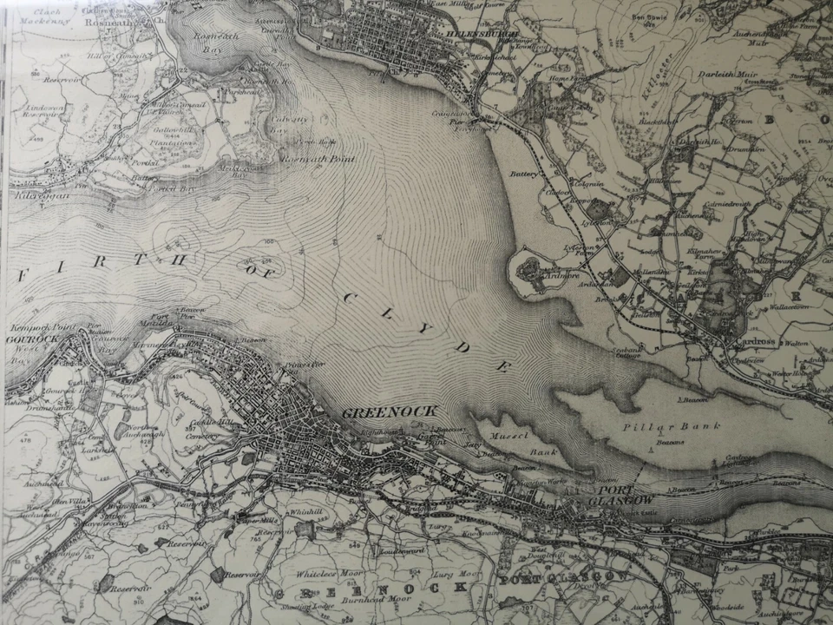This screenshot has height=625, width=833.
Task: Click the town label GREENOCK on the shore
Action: [389, 411]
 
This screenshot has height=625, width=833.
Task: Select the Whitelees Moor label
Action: [301, 575]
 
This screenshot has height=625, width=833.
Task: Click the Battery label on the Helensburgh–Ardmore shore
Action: [524, 174]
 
